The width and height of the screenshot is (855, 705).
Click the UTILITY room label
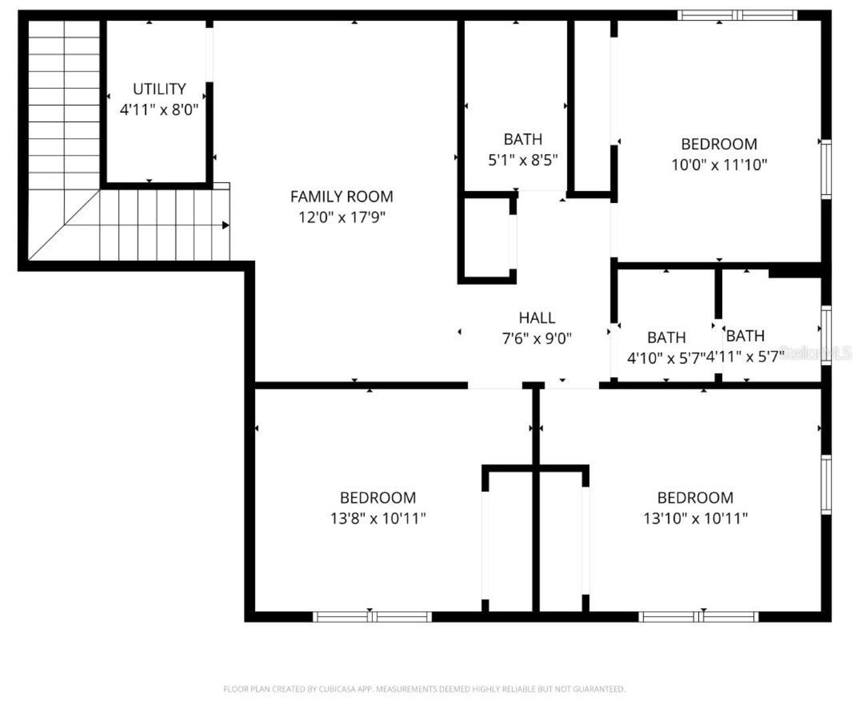[159, 89]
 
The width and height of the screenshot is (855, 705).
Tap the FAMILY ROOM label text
[341, 196]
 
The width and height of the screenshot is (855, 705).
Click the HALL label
[537, 318]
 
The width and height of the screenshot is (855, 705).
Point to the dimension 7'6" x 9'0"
[537, 338]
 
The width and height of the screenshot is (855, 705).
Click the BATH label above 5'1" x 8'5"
[522, 140]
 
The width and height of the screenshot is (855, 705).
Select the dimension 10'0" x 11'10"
[719, 164]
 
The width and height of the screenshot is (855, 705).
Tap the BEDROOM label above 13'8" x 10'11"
[378, 497]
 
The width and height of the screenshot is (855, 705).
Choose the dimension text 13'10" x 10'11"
[695, 518]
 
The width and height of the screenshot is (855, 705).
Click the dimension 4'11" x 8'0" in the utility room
[159, 109]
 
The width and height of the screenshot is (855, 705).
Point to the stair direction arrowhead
[226, 226]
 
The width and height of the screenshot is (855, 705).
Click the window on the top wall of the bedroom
[737, 15]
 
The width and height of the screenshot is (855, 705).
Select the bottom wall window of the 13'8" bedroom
[372, 617]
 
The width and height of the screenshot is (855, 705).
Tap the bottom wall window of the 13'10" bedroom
[699, 617]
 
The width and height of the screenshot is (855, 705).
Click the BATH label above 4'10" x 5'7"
[666, 337]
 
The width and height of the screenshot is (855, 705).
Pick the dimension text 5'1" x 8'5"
[522, 160]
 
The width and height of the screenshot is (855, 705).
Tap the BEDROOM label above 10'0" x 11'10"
[719, 144]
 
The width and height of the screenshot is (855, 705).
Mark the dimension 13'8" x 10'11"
[378, 518]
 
